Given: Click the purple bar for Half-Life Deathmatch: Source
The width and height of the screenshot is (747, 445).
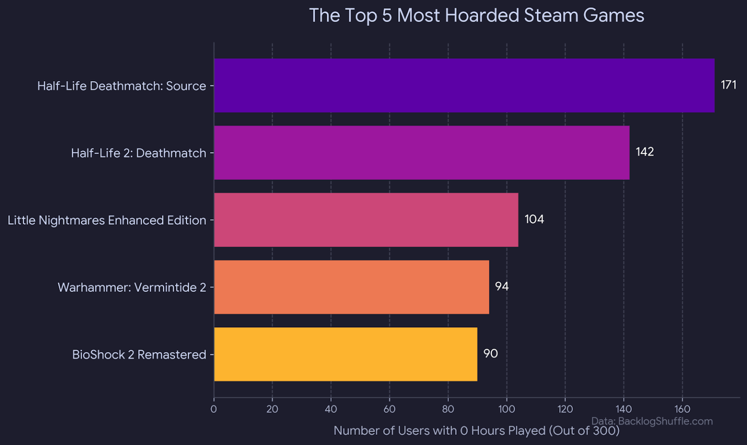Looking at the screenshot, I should pos(464,86).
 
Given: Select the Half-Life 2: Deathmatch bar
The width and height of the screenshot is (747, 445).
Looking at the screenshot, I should pos(422,153).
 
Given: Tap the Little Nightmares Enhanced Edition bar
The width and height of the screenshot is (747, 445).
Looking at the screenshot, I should pos(366,220).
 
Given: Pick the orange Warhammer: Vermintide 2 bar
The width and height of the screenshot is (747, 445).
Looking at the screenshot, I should pos(351,287).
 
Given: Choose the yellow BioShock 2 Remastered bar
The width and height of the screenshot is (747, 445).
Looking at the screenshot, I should pos(345,354).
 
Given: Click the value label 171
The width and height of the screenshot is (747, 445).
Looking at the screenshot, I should pos(729,85).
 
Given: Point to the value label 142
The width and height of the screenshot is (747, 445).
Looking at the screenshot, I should pos(644,152).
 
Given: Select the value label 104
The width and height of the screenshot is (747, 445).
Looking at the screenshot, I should pos(534,219).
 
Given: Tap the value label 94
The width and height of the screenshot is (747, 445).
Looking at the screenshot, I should pos(501,286).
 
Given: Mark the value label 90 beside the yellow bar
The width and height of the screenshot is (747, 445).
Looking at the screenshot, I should pos(490,354).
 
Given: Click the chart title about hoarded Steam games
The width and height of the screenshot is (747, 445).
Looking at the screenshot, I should pos(476,16).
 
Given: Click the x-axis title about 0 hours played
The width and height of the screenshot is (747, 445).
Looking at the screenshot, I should pos(476,431).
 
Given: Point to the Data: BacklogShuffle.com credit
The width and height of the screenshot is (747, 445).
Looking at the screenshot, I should pos(652,421).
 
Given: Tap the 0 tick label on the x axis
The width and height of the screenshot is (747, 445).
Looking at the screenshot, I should pos(213,409).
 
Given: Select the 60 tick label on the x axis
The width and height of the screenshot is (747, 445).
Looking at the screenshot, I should pos(389,409).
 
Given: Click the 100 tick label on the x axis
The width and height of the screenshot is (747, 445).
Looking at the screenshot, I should pos(506,409).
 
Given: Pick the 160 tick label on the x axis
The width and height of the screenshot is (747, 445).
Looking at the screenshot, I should pos(682,409).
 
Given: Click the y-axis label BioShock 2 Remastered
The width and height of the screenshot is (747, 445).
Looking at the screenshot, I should pos(139,355).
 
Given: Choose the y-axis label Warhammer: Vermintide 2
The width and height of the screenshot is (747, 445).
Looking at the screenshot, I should pos(132,287).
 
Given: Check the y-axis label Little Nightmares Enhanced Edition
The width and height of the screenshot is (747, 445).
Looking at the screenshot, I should pos(107,220).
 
